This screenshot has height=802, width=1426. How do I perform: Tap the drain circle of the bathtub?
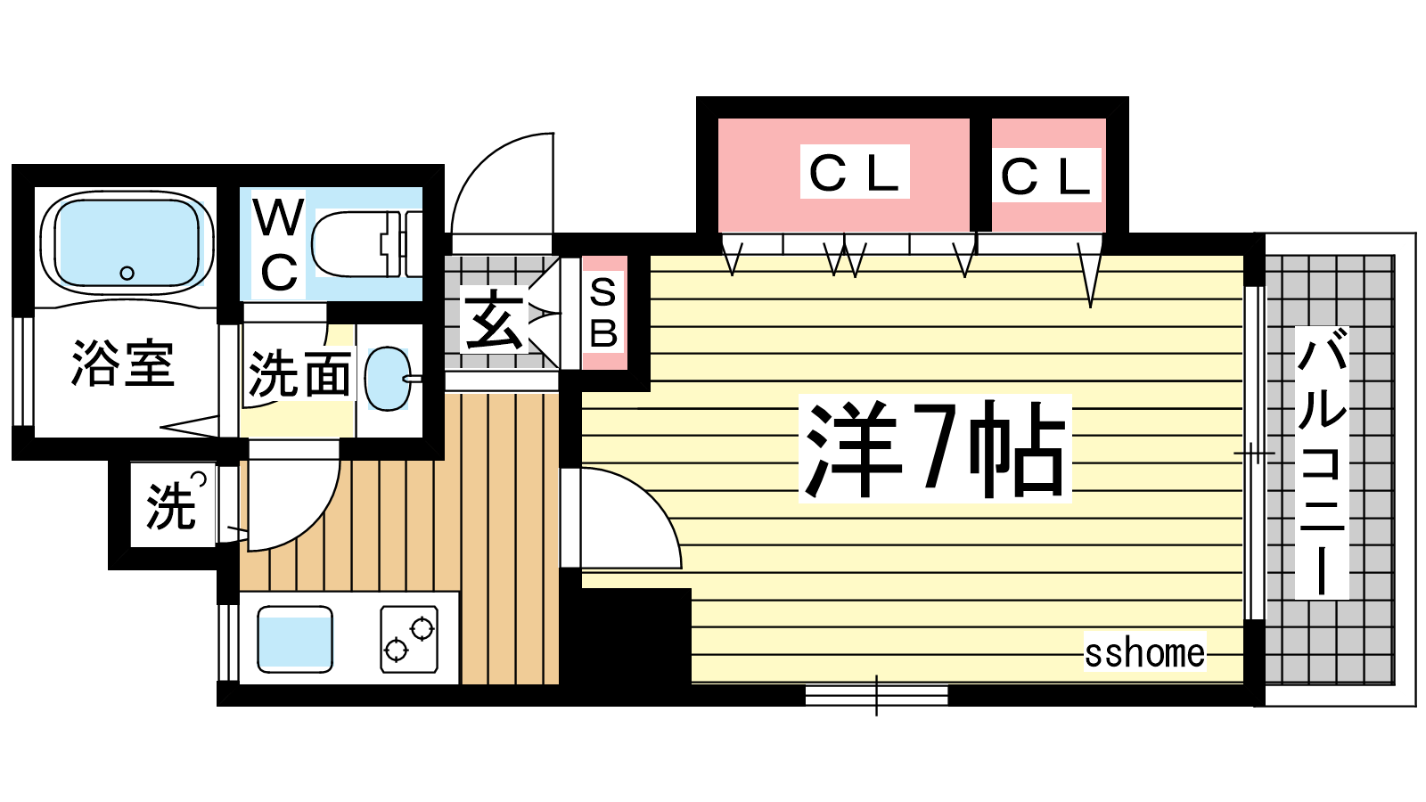click(x=127, y=273)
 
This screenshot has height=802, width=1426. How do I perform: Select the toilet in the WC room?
click(x=365, y=243)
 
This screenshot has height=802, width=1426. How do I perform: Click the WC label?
click(x=279, y=246)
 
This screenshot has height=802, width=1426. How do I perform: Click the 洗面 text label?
click(x=299, y=374)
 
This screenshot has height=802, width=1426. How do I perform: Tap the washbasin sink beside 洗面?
click(x=389, y=378)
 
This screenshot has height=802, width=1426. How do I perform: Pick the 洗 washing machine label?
click(x=171, y=505)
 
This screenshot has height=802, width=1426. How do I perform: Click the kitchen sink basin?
click(x=295, y=639)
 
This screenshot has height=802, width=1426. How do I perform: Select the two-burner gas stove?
click(x=410, y=639)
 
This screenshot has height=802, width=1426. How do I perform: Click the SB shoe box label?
click(x=603, y=313)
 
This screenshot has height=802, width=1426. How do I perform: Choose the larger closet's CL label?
click(x=854, y=173)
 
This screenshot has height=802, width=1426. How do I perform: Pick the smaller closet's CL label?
click(x=1045, y=176)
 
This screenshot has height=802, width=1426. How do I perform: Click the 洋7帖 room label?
click(x=934, y=448)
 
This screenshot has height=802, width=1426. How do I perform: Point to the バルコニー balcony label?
click(x=1321, y=462)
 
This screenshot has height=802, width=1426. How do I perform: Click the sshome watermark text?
click(x=1144, y=653)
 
